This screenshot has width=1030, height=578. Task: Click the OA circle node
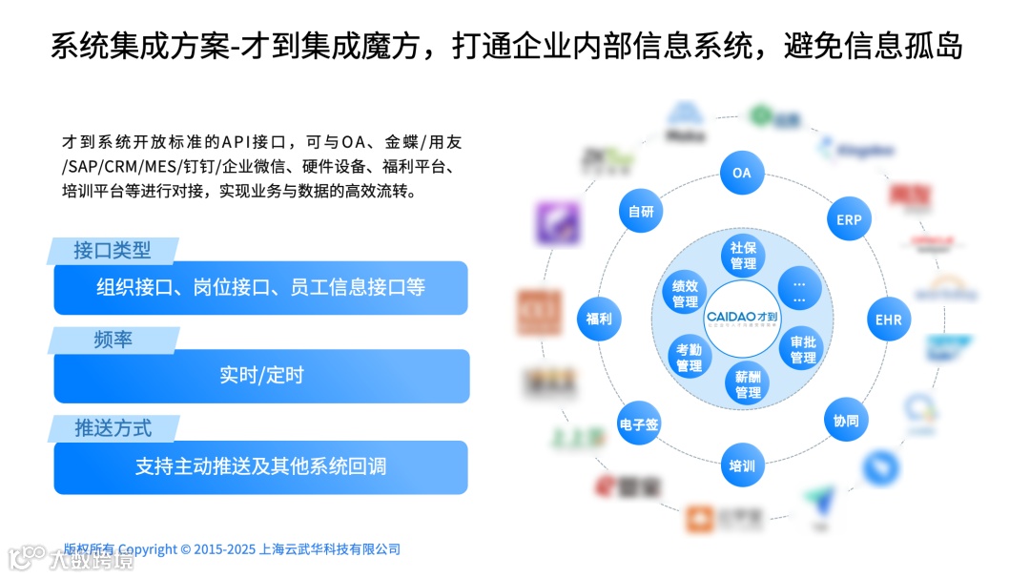[742, 174]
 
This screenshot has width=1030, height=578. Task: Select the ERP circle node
[849, 219]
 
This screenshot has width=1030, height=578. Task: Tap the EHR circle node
[888, 320]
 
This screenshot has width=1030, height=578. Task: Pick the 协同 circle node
[846, 420]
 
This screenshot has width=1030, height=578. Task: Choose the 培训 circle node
[742, 465]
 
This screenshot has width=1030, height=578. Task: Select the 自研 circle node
[641, 213]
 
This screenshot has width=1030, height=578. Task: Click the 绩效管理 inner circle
[685, 294]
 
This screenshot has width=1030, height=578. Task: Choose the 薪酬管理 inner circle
[749, 384]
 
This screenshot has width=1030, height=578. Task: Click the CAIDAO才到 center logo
[743, 319]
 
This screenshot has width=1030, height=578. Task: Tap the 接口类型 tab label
[113, 251]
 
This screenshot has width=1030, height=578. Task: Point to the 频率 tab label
[113, 340]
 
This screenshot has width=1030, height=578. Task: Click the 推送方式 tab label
[113, 428]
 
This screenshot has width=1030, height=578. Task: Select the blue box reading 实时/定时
[261, 376]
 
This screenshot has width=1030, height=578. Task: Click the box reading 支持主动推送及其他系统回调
[261, 467]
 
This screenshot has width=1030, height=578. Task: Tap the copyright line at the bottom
[232, 549]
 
